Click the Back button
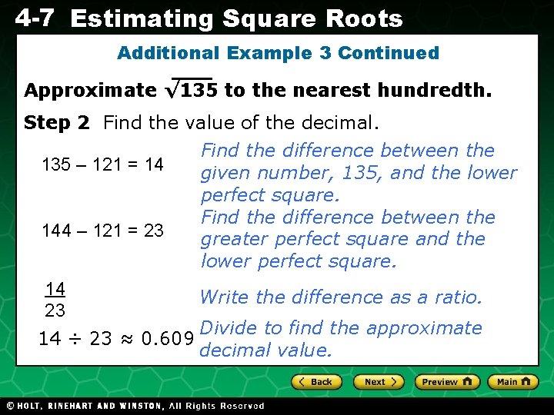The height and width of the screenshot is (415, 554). coord(316,382)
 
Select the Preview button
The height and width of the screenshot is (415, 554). coord(447,382)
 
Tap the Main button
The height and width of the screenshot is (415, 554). coord(513,382)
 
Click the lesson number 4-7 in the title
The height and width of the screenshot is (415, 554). coord(34,18)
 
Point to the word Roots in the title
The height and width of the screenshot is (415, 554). coord(367,19)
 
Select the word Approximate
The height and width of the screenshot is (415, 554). coord(90,91)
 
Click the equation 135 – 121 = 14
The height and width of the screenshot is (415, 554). coord(102,164)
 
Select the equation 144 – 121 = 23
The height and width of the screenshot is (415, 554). coord(102,230)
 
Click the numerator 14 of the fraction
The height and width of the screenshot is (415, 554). coord(55,289)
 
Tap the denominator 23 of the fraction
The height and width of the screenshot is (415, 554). coord(55,310)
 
